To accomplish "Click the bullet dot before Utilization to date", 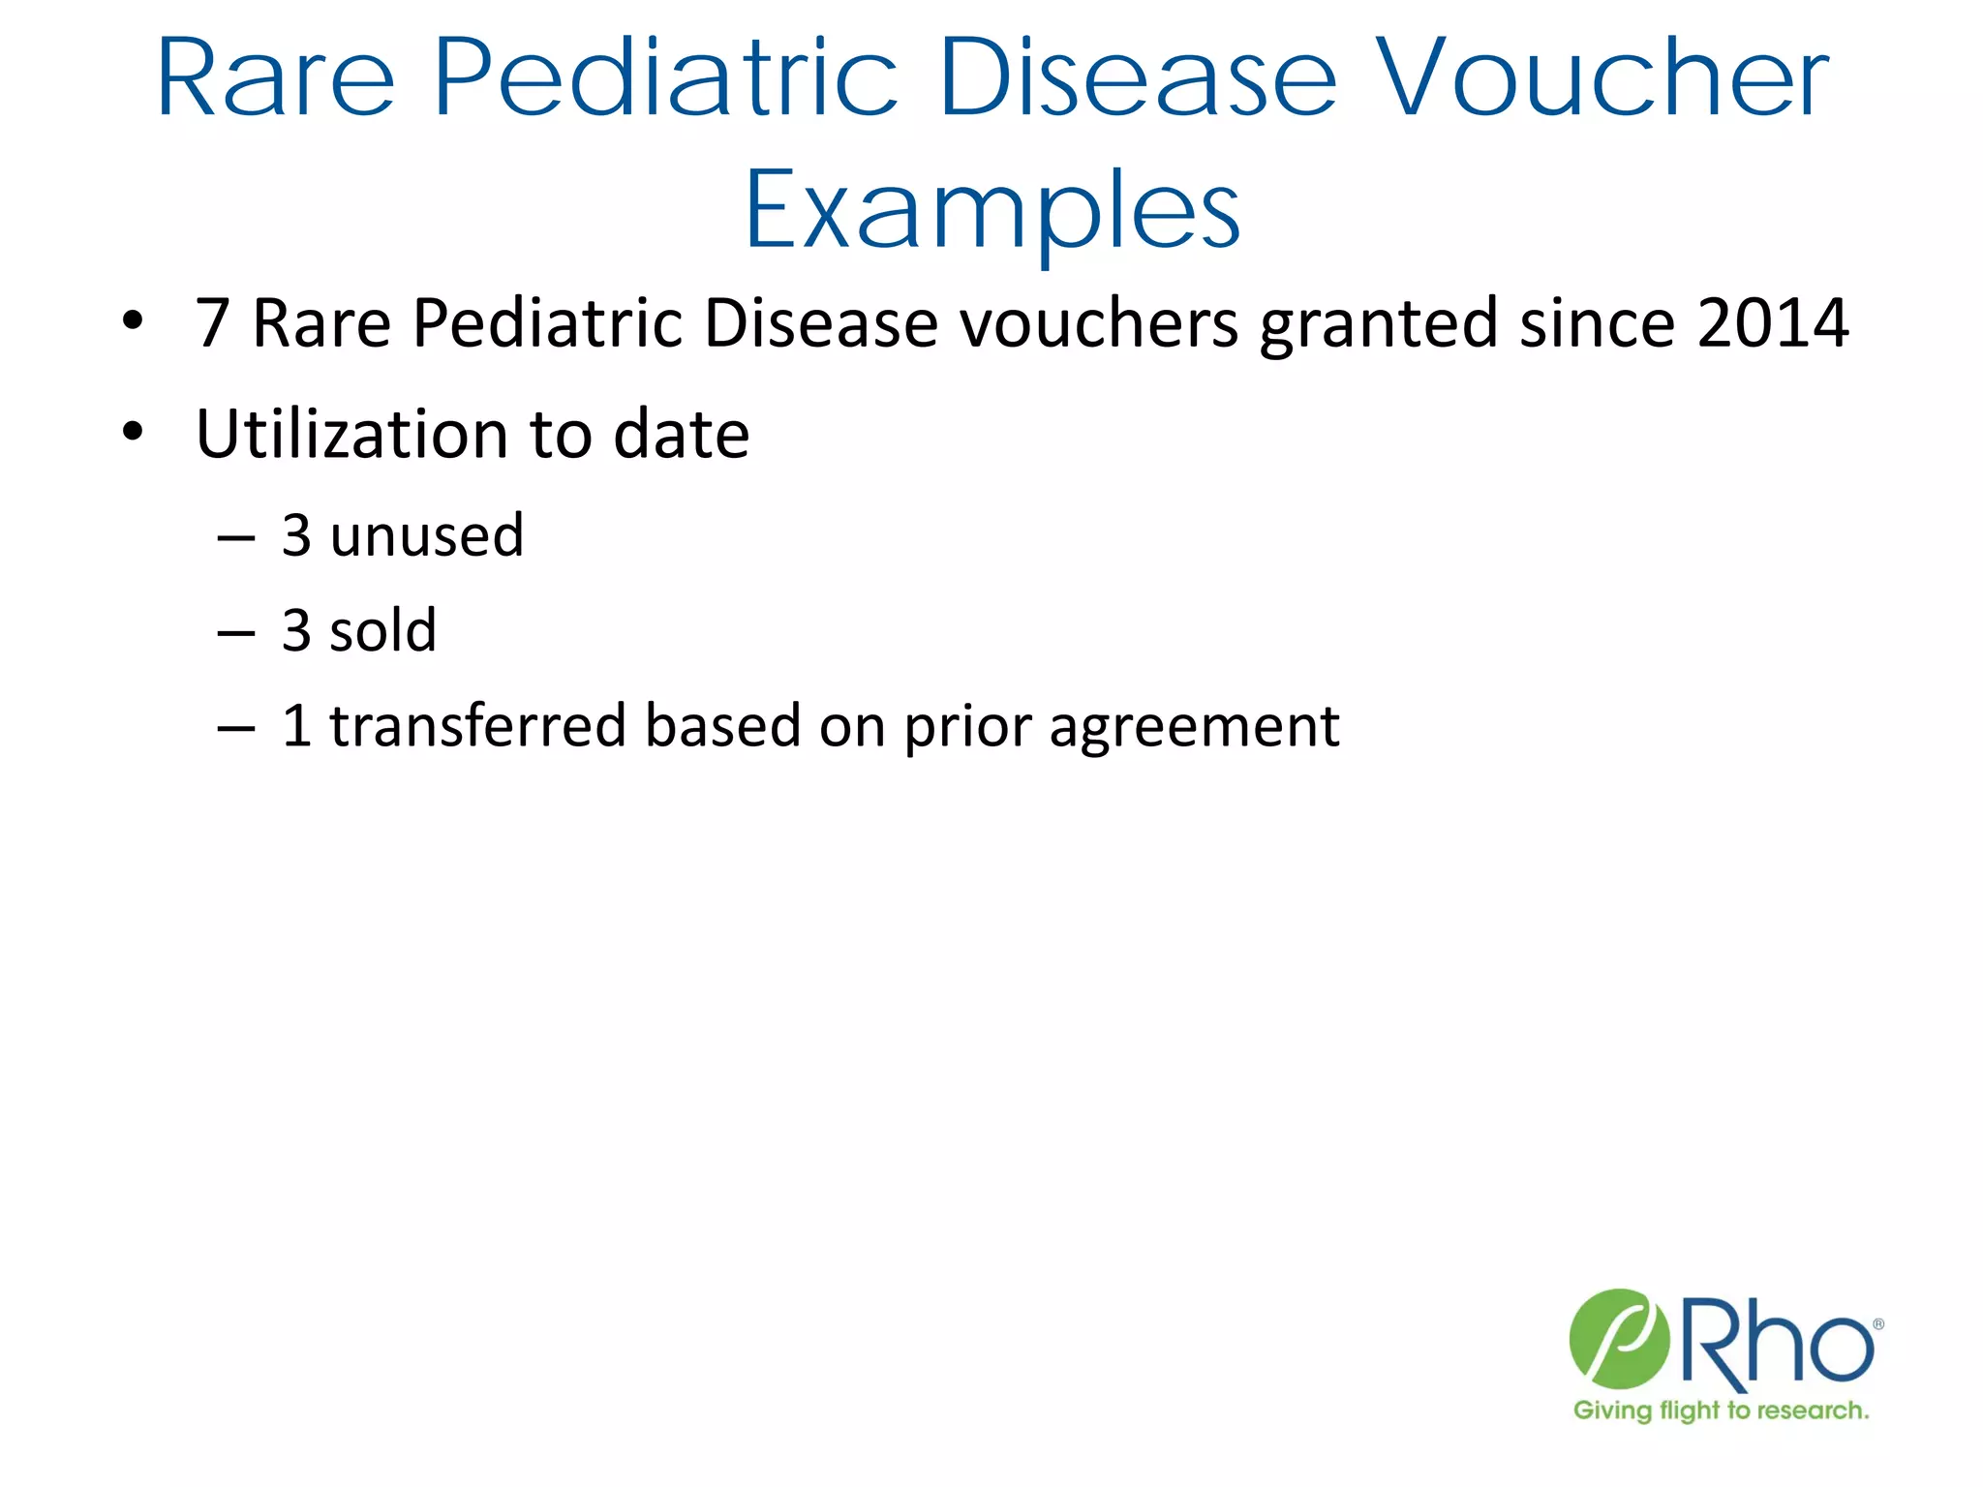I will pos(133,431).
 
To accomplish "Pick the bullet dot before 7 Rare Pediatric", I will pos(133,319).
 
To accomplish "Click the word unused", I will pos(426,535).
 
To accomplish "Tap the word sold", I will pos(382,630).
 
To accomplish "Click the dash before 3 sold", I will pos(236,634).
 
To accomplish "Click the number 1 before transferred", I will pos(296,725).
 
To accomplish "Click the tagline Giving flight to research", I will pos(1721,1411).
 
